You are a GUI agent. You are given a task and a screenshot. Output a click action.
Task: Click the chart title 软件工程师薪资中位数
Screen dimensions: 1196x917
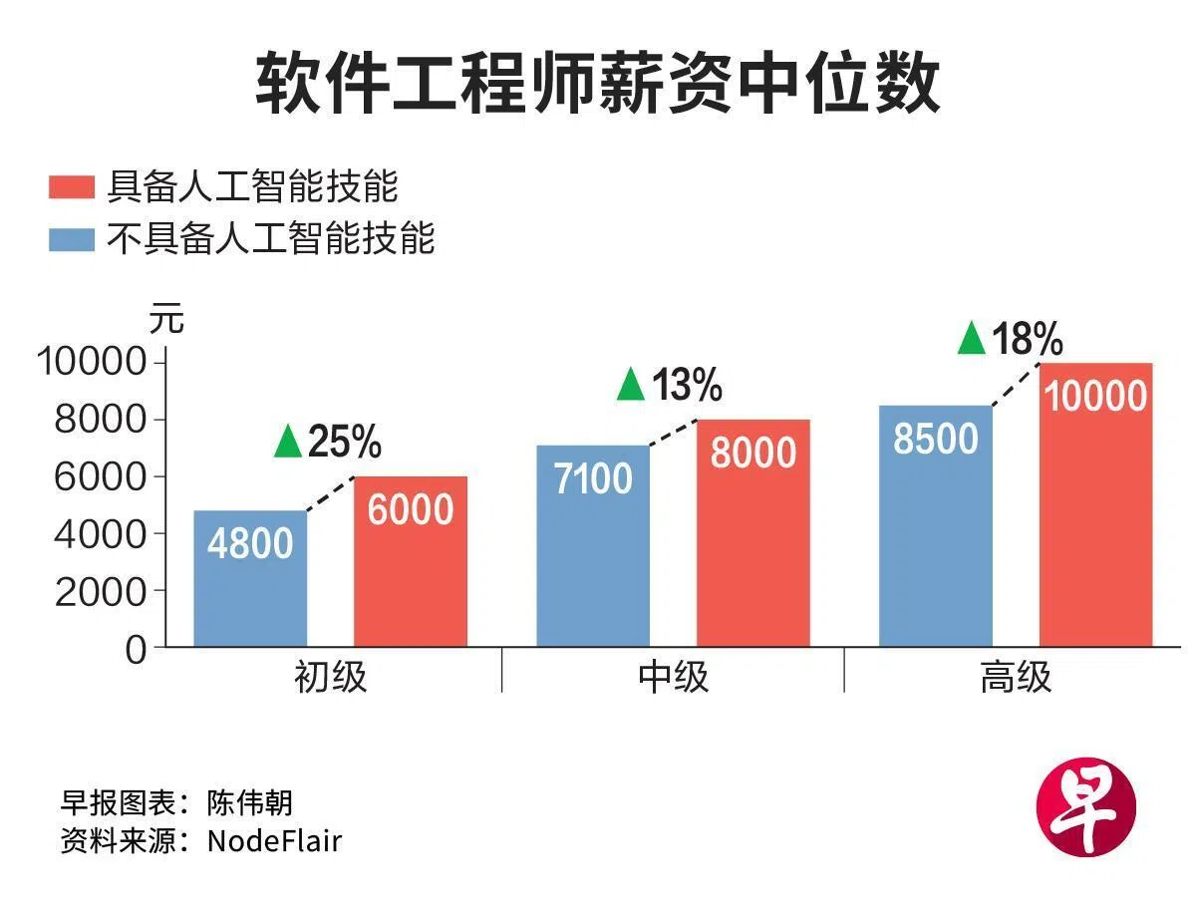click(597, 84)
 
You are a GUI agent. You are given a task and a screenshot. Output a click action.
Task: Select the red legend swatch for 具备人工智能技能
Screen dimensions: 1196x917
click(72, 186)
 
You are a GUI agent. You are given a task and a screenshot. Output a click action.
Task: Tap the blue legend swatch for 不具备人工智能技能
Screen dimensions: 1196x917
click(72, 239)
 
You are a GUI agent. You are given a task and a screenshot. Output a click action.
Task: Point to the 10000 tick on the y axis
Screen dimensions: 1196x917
click(92, 362)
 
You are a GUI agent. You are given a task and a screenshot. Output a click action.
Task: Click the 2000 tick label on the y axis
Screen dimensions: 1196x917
click(101, 592)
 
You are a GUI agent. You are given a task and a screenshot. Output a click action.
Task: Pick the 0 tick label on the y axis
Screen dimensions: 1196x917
click(136, 650)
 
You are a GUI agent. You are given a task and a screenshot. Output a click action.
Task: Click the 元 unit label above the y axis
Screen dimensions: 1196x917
click(166, 318)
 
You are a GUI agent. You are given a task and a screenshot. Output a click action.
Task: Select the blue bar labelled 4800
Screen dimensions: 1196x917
click(250, 578)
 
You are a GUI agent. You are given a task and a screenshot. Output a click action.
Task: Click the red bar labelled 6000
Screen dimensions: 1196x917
click(411, 561)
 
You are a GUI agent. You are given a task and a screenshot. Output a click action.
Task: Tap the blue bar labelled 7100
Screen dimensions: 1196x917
click(593, 546)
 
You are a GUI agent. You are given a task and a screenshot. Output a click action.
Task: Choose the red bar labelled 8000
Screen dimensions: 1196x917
click(752, 533)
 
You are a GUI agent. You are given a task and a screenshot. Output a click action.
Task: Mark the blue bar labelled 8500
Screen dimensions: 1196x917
click(936, 525)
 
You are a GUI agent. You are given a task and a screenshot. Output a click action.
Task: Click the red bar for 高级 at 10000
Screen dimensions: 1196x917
click(1095, 504)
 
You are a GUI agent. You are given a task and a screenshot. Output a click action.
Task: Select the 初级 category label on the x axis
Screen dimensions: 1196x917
click(330, 677)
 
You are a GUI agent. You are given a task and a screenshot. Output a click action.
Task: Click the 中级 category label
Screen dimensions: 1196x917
click(673, 677)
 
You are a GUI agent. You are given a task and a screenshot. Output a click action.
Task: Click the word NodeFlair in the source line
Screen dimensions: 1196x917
click(275, 841)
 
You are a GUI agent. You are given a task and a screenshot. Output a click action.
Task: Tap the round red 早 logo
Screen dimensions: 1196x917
click(1086, 807)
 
